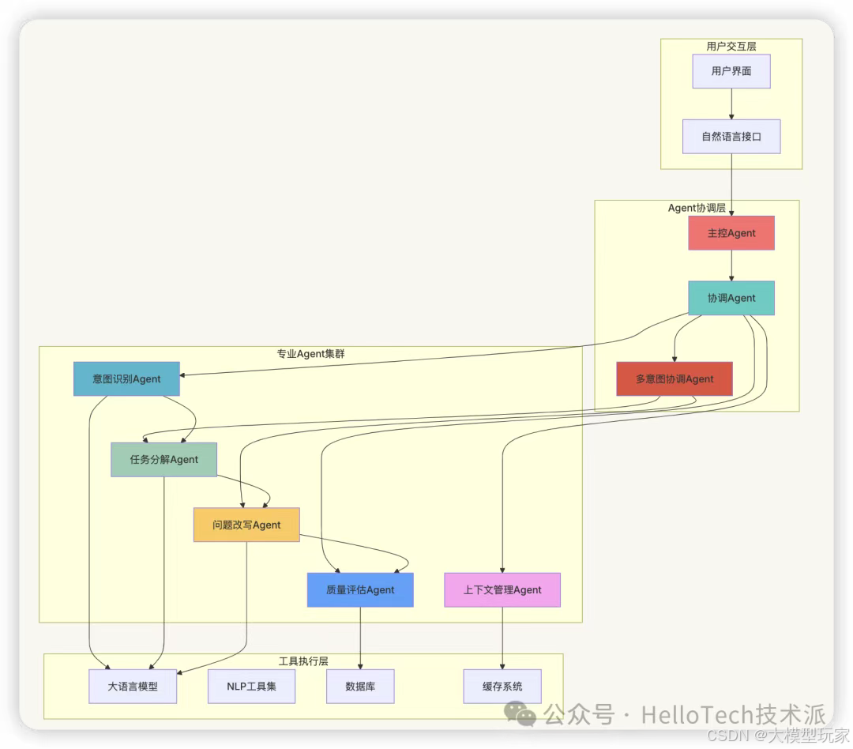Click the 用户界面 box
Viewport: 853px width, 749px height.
point(731,71)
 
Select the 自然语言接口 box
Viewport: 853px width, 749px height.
point(731,137)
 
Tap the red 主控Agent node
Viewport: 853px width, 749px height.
point(731,233)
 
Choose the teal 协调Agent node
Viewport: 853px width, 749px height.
point(731,298)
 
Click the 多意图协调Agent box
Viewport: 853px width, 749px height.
point(674,378)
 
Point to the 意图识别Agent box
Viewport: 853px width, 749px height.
point(126,378)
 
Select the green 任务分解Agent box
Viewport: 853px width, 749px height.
point(164,459)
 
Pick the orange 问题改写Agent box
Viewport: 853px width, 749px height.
point(246,525)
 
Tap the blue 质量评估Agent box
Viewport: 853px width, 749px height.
point(360,589)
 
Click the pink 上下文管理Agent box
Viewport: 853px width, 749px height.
point(502,589)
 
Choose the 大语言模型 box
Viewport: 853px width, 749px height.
point(133,686)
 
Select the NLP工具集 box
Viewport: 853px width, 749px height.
point(251,686)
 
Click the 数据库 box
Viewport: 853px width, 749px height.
point(360,686)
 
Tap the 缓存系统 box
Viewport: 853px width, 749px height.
point(502,686)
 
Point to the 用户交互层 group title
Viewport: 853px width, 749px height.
point(731,47)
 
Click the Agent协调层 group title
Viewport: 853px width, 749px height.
point(697,208)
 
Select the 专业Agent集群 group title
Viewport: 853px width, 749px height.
point(310,353)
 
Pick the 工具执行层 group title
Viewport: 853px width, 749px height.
point(303,661)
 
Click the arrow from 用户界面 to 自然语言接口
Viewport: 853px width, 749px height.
point(731,104)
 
